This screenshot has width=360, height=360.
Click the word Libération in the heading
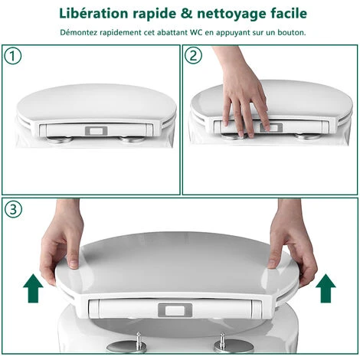point(93,13)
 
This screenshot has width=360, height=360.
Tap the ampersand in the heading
point(187,14)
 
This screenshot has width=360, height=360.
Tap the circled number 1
point(13,56)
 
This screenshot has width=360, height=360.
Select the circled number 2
point(193,55)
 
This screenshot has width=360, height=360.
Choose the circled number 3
point(13,209)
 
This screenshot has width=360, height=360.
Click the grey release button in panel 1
point(97,131)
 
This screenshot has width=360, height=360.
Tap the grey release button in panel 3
point(175,310)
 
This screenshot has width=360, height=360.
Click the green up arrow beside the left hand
point(33,288)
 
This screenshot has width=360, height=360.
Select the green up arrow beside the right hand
point(326,288)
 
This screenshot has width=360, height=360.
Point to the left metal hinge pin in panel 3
point(138,339)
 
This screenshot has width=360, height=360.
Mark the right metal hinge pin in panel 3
point(223,340)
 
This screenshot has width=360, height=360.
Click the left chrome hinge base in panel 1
point(59,139)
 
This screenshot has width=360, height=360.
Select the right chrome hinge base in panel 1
point(132,139)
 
